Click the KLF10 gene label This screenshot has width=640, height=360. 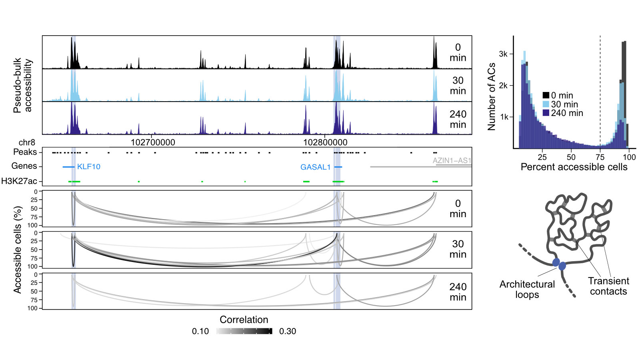click(88, 167)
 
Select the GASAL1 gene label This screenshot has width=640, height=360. click(315, 167)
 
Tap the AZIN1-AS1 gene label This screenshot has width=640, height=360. click(452, 160)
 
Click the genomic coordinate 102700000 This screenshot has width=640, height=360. click(153, 142)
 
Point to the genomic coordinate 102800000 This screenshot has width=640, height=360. click(325, 142)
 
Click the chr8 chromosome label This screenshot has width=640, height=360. click(27, 142)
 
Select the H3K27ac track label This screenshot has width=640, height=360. click(19, 181)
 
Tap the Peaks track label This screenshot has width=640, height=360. click(25, 152)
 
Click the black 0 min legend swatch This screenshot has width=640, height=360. click(546, 96)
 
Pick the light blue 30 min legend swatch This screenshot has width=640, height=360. click(546, 104)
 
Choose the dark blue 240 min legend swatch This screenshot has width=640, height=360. click(546, 113)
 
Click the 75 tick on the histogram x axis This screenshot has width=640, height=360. click(600, 157)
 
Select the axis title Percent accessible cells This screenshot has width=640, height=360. click(574, 167)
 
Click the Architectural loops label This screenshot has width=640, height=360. click(527, 289)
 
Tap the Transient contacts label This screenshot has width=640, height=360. click(608, 286)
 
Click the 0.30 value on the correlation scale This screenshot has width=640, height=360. click(288, 331)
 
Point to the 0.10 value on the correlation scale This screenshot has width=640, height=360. click(200, 331)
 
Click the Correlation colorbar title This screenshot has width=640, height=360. click(244, 320)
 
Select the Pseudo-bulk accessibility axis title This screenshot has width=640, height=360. click(22, 85)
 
